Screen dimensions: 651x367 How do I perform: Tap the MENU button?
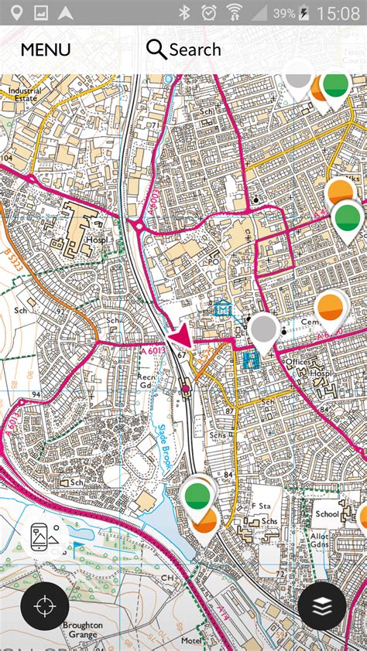pyautogui.click(x=45, y=50)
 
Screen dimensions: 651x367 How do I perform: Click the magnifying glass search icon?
pyautogui.click(x=156, y=50)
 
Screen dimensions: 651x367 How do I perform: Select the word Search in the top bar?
pyautogui.click(x=195, y=50)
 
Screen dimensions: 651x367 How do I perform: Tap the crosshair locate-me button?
pyautogui.click(x=45, y=606)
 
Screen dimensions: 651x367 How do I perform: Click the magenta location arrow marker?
pyautogui.click(x=180, y=337)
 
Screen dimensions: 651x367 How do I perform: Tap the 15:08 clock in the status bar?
pyautogui.click(x=338, y=13)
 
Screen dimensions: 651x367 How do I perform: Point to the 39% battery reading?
pyautogui.click(x=283, y=13)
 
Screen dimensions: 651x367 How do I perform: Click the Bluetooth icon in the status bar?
pyautogui.click(x=184, y=13)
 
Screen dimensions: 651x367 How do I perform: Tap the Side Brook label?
pyautogui.click(x=165, y=447)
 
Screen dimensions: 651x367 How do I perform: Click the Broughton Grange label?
pyautogui.click(x=82, y=630)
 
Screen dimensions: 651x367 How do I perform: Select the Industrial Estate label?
pyautogui.click(x=25, y=95)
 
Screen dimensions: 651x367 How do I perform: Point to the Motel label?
pyautogui.click(x=190, y=641)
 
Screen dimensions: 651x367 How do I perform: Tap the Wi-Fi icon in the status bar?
pyautogui.click(x=234, y=13)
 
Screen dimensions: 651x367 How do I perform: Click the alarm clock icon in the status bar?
pyautogui.click(x=208, y=13)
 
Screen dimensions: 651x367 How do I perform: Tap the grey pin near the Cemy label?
pyautogui.click(x=264, y=329)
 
